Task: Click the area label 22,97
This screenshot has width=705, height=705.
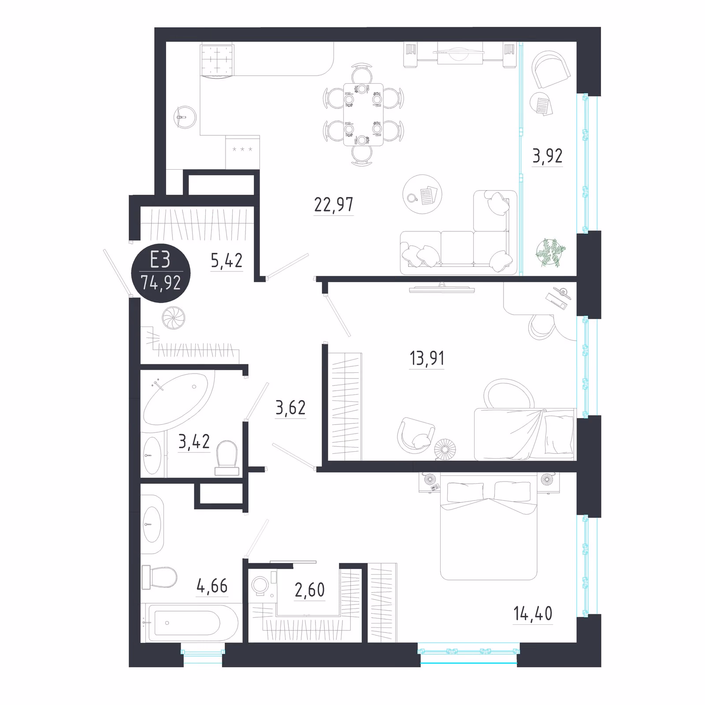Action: (334, 205)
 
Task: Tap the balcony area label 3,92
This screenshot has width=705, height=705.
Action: (547, 156)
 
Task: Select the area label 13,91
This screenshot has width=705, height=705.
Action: (427, 359)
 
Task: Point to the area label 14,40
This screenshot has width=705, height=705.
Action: (533, 613)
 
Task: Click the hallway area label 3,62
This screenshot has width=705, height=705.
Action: (290, 408)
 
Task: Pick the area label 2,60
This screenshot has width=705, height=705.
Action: (309, 590)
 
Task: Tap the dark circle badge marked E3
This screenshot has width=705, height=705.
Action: (161, 273)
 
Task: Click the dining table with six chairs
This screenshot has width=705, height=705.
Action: (363, 115)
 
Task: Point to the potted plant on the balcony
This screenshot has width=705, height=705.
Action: (550, 253)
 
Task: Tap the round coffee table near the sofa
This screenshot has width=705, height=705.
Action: (422, 194)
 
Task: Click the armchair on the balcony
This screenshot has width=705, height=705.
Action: (550, 69)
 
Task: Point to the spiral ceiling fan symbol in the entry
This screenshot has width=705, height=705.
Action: (173, 318)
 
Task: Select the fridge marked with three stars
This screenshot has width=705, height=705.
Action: (242, 152)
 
